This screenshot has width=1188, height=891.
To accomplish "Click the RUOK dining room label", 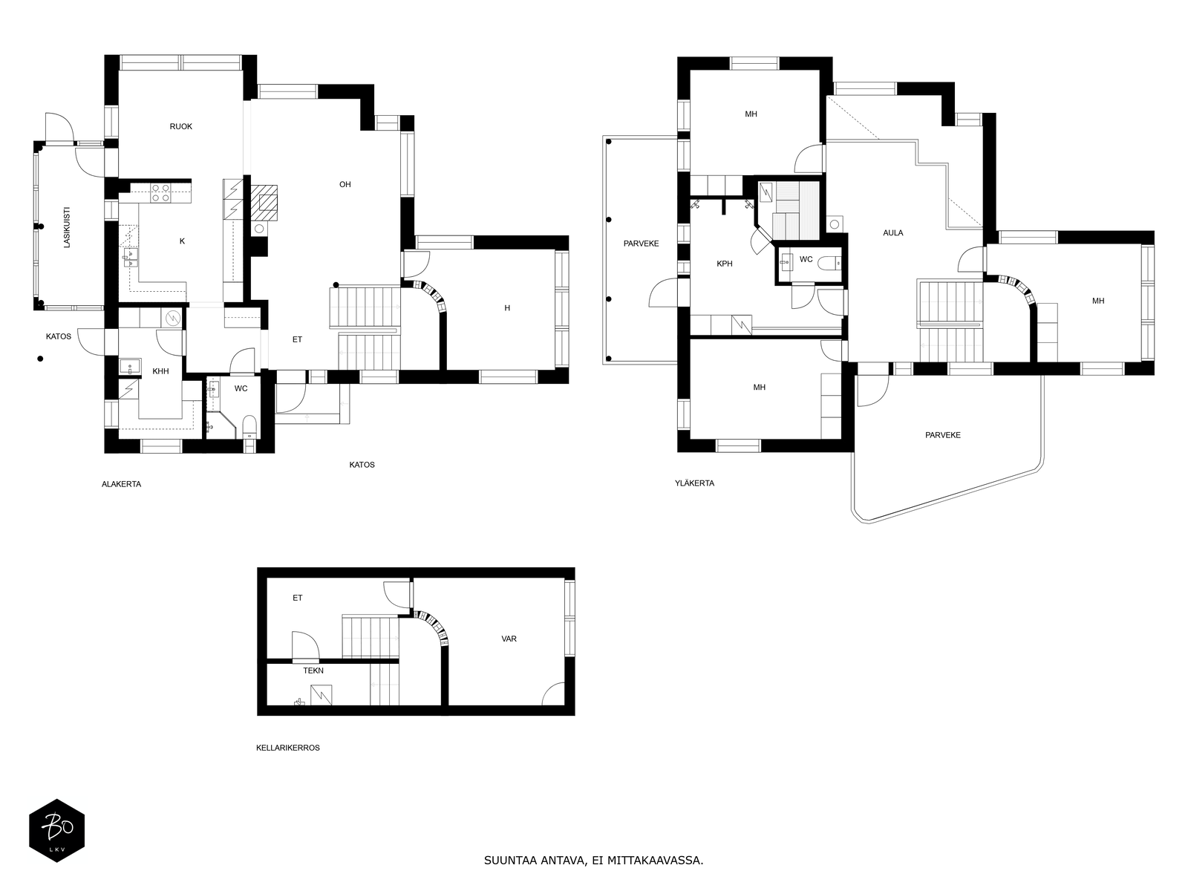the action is (180, 126).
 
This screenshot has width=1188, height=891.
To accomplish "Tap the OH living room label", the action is (345, 184).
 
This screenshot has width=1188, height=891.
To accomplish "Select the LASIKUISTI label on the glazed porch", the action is (67, 227).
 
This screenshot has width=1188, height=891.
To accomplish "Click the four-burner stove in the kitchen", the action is (160, 193).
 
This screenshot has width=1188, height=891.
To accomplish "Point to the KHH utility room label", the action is (160, 371).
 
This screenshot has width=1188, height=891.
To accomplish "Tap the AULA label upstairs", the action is (893, 233).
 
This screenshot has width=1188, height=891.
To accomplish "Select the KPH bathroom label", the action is (724, 264).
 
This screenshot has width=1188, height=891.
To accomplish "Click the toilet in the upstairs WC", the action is (829, 264).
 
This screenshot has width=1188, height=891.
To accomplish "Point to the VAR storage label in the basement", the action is (509, 639).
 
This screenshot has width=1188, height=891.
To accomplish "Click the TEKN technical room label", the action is (313, 670).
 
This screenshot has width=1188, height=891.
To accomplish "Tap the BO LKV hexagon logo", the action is (57, 830).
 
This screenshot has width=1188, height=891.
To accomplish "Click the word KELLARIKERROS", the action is (288, 748).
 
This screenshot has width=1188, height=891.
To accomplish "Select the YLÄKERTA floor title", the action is (694, 483).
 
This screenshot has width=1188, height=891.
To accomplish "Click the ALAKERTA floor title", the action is (121, 484).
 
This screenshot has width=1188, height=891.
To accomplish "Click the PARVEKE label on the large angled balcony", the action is (943, 435).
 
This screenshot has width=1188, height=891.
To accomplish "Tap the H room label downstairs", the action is (507, 308).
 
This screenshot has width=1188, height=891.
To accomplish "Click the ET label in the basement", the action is (297, 598).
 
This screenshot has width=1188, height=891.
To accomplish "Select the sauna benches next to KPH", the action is (794, 210).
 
